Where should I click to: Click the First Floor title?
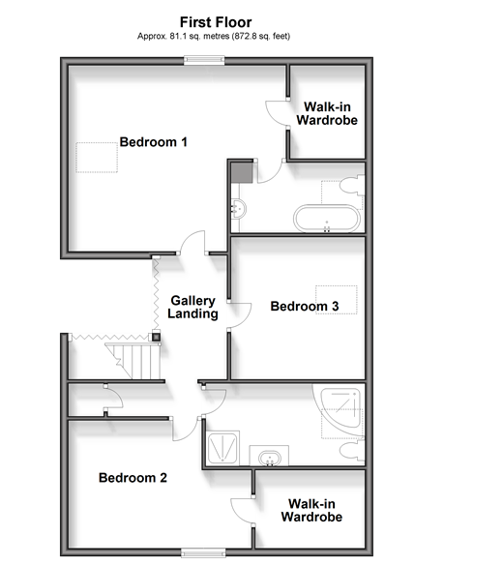(216, 22)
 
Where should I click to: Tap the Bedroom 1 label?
(154, 142)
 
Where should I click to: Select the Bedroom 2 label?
(133, 478)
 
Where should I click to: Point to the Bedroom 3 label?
(305, 307)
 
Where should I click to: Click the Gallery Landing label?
(192, 307)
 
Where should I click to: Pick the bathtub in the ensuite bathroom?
(327, 219)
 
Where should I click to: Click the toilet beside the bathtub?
(352, 186)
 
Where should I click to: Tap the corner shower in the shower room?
(340, 408)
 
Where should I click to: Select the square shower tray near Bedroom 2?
(223, 448)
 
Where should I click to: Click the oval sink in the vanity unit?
(270, 459)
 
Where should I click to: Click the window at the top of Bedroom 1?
(204, 60)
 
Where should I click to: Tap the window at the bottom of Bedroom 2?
(203, 552)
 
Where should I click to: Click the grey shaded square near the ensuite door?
(242, 172)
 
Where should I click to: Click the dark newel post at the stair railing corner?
(156, 337)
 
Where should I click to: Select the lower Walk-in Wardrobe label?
(312, 510)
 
